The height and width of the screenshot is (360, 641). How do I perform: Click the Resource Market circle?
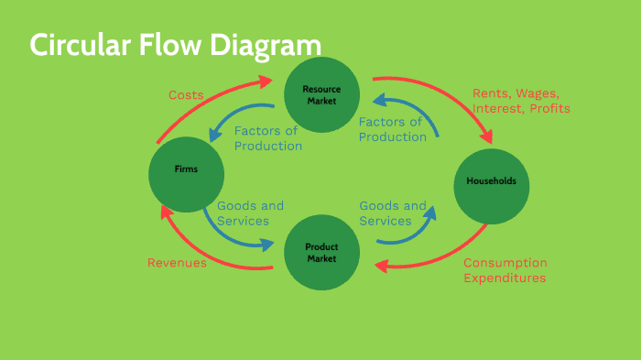click(320, 93)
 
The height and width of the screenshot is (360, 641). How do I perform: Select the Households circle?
click(491, 181)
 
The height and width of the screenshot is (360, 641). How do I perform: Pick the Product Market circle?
click(320, 253)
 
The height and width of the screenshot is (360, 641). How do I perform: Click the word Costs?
click(186, 94)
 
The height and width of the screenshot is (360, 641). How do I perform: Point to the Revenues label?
click(177, 263)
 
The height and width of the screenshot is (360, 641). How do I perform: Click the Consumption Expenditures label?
click(505, 270)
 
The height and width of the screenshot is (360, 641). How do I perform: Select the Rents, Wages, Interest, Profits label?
click(521, 101)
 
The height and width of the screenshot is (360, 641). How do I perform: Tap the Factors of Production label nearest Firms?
click(267, 138)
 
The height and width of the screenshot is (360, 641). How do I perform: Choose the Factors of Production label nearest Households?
click(392, 129)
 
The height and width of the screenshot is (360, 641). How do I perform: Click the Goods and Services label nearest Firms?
click(250, 213)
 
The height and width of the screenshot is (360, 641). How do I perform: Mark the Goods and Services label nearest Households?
click(392, 213)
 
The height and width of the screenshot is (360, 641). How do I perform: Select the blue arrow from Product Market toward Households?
click(412, 235)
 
